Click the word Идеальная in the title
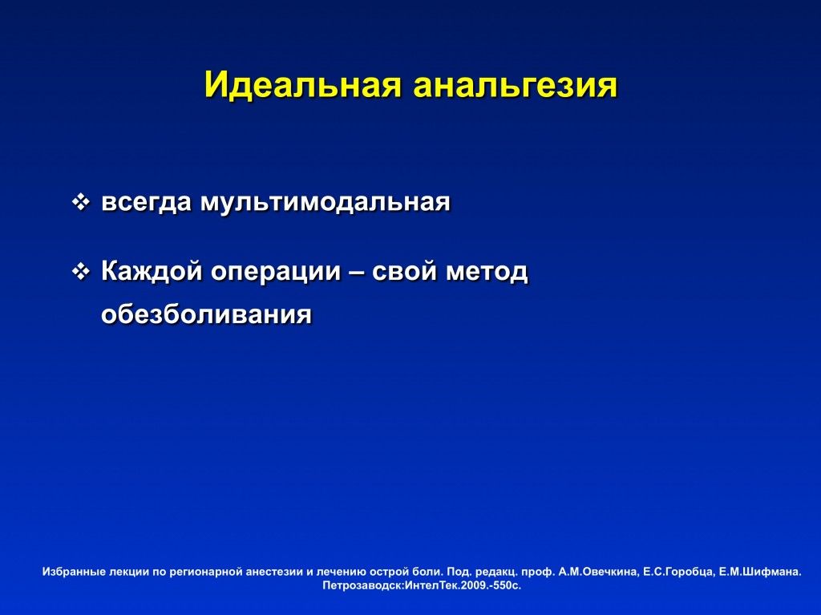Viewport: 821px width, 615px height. [303, 85]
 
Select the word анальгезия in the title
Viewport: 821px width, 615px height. [516, 85]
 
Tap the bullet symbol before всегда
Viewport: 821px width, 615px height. [80, 203]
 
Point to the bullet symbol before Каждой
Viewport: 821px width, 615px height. [80, 271]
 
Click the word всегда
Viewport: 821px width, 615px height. [146, 203]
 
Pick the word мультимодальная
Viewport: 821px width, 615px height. [326, 203]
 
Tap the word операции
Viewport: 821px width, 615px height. [276, 272]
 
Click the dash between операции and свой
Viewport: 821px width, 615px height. [356, 272]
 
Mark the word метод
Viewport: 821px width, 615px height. [487, 272]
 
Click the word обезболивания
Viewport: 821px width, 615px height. [206, 314]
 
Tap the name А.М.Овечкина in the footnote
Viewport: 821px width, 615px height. [598, 572]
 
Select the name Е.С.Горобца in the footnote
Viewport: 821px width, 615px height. [678, 572]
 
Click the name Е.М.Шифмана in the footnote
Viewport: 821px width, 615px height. [760, 572]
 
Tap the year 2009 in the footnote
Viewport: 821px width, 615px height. [473, 585]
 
